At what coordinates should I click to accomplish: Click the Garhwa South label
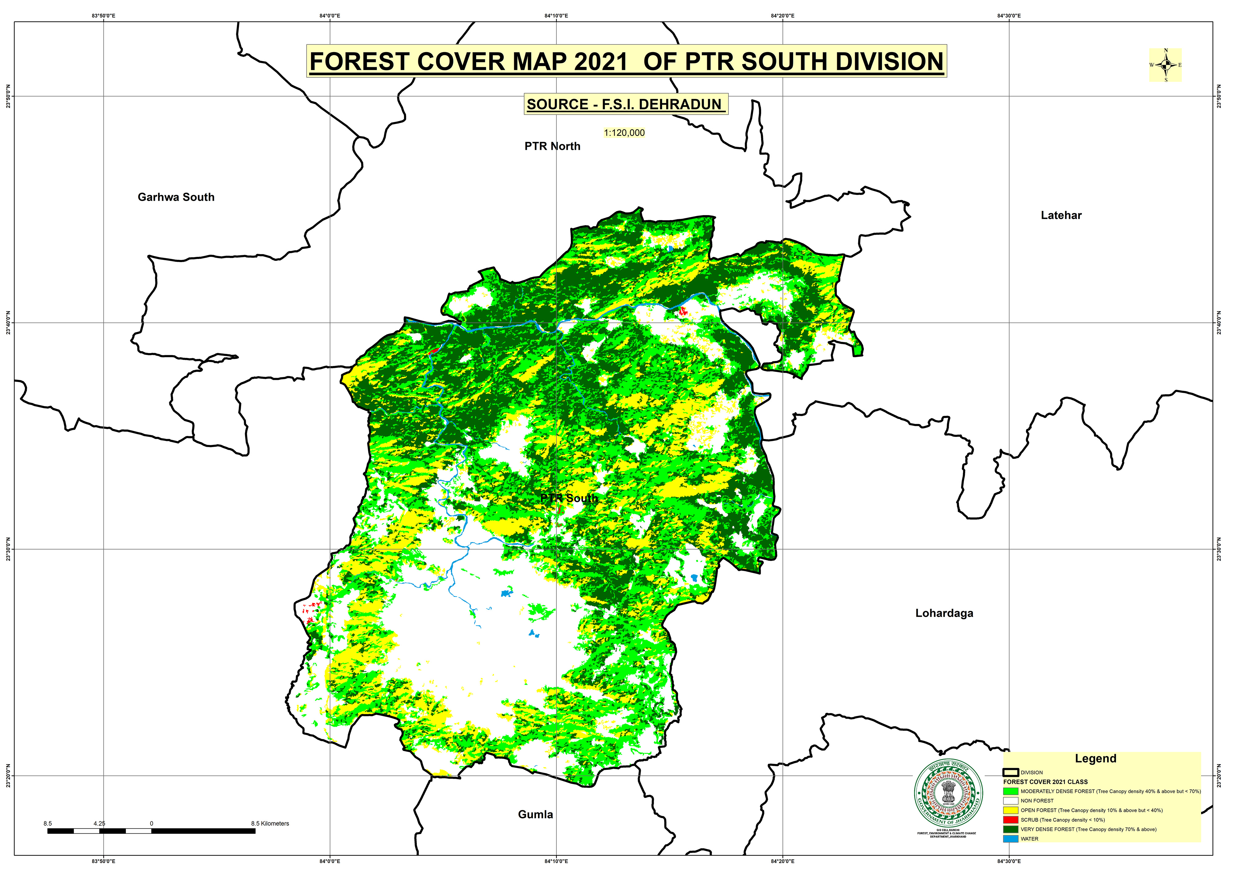[176, 197]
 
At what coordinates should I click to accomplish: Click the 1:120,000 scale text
[624, 133]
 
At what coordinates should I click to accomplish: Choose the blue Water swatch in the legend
[1010, 839]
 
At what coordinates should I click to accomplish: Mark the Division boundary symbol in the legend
[1010, 772]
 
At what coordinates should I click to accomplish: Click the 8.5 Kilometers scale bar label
[270, 823]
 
